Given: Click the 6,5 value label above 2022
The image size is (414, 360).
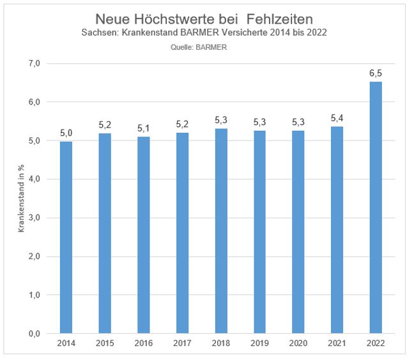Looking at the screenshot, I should click(x=375, y=73).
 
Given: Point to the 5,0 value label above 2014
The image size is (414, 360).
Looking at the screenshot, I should click(x=66, y=133).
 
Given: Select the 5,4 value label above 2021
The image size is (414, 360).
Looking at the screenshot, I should click(x=337, y=118).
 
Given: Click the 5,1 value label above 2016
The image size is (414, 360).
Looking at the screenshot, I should click(x=144, y=128).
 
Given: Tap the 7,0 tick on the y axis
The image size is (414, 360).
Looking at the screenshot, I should click(x=33, y=64).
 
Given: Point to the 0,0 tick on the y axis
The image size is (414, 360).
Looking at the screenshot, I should click(x=33, y=334).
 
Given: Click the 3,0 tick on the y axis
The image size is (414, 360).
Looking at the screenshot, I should click(x=33, y=218).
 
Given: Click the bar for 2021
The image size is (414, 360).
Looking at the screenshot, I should click(x=337, y=230).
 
